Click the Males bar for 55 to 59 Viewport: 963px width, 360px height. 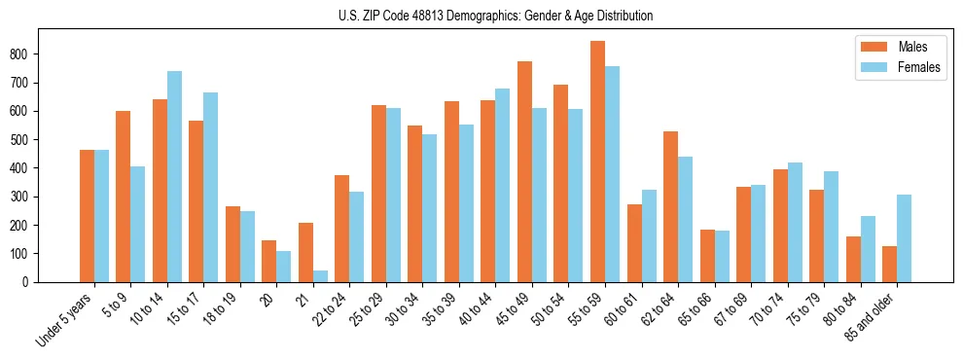point(598,162)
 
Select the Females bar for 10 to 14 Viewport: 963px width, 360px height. point(174,176)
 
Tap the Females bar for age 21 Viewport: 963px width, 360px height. point(320,276)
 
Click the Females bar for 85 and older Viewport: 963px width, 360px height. point(904,238)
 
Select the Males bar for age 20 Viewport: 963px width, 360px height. point(269,261)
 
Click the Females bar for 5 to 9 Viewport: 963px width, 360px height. point(138,224)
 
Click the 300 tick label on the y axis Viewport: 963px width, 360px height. point(28,197)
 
